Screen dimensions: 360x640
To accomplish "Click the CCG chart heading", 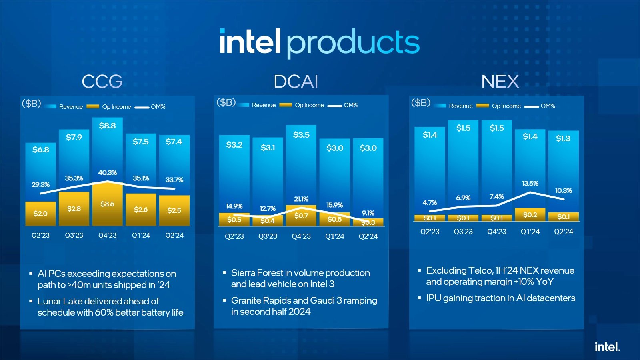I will point(102,82).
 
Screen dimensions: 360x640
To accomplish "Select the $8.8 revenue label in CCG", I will point(107,126).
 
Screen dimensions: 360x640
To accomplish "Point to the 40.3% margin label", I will point(107,173).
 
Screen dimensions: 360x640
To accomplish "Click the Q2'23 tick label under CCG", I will point(40,235).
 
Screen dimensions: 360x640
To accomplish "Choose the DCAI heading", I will point(296,82).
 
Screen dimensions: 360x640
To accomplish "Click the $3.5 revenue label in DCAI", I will point(301,135).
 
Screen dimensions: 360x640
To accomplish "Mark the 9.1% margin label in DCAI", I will point(368,213).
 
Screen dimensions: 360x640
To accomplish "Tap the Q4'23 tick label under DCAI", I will point(301,236).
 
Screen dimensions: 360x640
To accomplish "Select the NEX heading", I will point(500,82).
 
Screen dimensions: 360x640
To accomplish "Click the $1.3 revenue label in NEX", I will point(563,138).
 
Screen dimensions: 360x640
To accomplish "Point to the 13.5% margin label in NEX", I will point(530,184).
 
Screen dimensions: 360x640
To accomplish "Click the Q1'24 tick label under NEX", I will point(530,232).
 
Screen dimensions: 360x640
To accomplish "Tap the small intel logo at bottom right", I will point(607,347).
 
